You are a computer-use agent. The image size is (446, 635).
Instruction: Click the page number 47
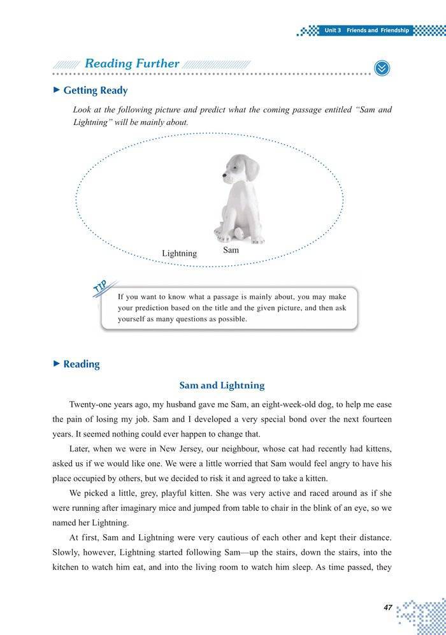[387, 608]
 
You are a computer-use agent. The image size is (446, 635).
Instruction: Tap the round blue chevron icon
[382, 68]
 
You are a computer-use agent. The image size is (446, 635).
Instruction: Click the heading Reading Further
[132, 64]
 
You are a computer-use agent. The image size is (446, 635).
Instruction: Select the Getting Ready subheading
[95, 91]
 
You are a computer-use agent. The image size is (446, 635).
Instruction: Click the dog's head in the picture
[241, 168]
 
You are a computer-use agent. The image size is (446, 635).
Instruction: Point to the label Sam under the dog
[231, 250]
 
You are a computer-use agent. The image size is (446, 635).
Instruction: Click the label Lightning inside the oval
[179, 253]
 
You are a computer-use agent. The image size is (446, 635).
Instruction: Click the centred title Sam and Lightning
[222, 385]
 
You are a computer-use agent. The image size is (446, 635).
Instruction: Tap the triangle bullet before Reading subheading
[56, 363]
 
